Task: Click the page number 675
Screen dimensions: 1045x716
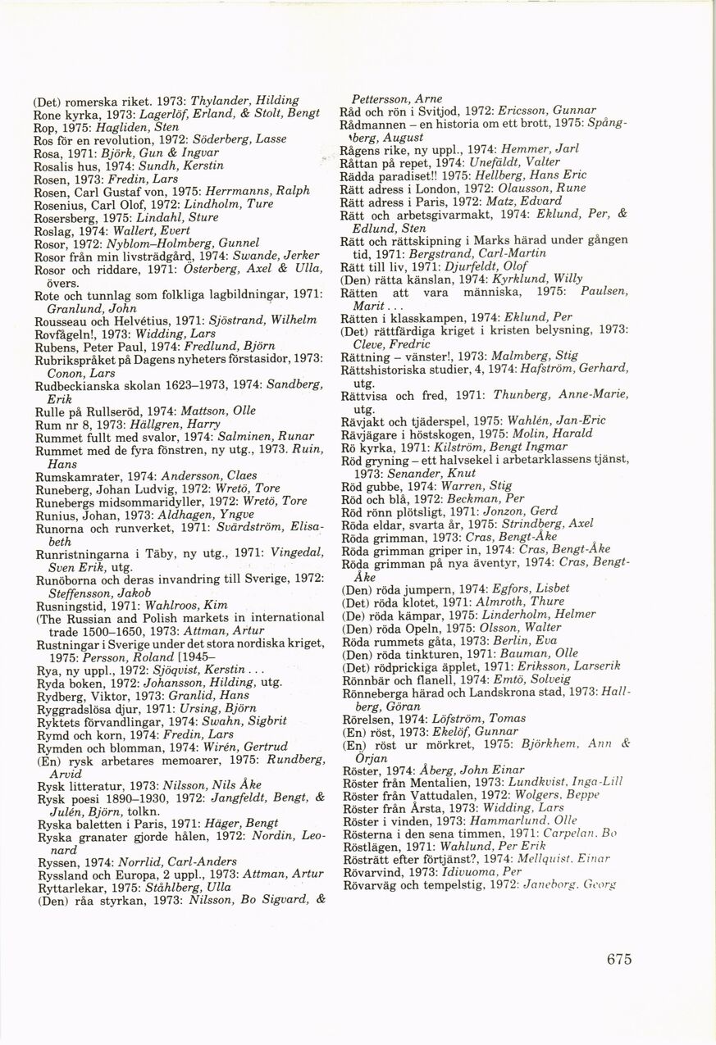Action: [620, 960]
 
